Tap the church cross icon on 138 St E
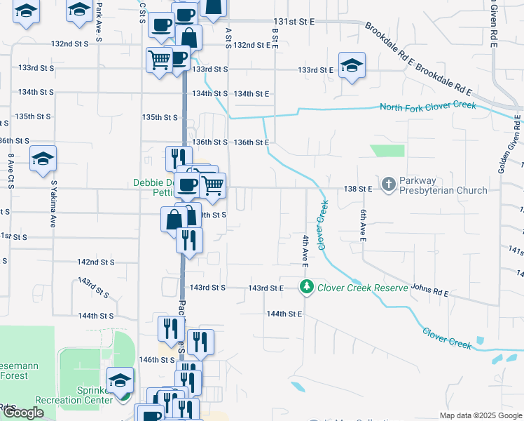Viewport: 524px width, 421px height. [x=389, y=185]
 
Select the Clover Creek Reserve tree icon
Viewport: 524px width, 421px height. [x=306, y=286]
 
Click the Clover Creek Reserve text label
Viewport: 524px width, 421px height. [x=362, y=288]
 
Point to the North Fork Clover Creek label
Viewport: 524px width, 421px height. [x=427, y=107]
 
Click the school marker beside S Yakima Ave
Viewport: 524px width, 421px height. [x=43, y=159]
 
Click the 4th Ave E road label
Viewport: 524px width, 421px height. [x=305, y=250]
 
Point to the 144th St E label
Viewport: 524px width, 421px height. [x=284, y=314]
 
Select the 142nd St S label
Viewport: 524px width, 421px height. [x=96, y=262]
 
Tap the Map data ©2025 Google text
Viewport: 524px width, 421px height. [x=480, y=416]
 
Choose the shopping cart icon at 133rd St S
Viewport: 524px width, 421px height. [x=159, y=60]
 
